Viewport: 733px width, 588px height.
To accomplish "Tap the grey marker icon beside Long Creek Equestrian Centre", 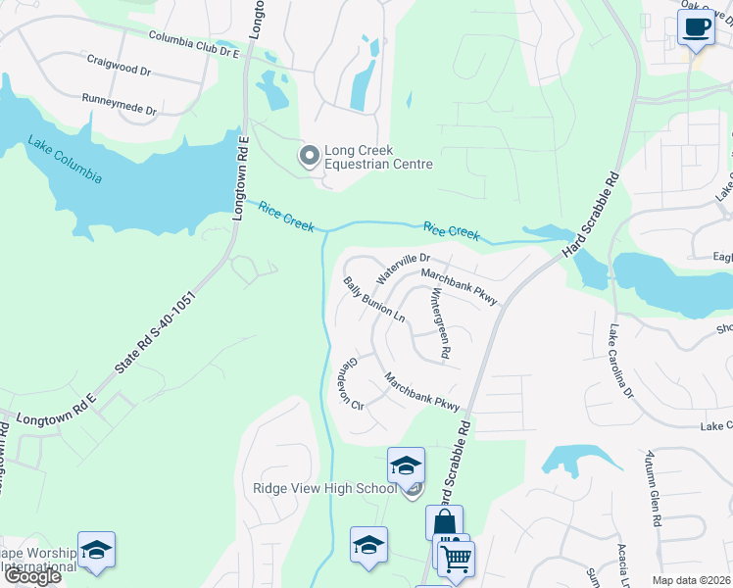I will [309, 156].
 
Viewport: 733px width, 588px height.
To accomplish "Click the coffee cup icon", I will [696, 27].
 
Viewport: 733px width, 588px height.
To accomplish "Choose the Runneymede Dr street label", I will [120, 104].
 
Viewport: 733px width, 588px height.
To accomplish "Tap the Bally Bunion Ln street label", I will [373, 300].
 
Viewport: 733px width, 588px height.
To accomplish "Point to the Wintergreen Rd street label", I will [440, 322].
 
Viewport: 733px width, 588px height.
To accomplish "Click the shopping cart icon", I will [455, 560].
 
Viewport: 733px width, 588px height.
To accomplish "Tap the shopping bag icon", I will [444, 520].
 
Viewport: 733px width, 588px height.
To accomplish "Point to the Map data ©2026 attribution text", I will [692, 581].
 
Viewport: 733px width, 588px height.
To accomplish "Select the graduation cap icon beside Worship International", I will [96, 551].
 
